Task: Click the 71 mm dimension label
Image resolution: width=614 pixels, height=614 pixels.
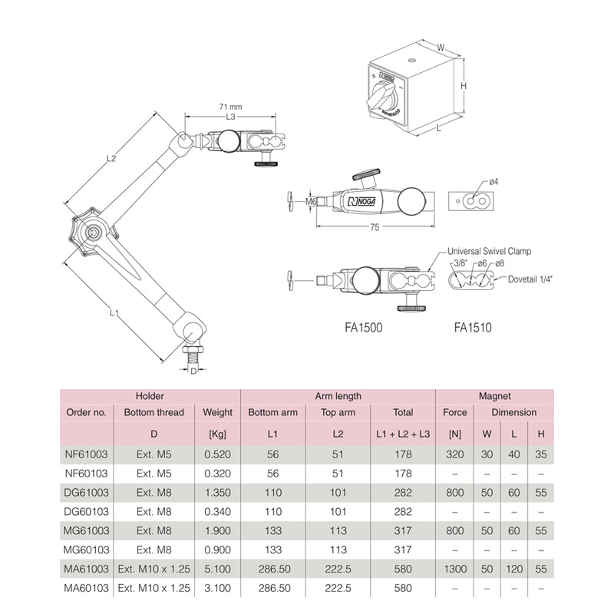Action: click(231, 107)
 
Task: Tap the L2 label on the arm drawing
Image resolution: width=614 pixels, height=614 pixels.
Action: click(111, 158)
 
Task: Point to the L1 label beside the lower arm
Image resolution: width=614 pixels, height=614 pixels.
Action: click(114, 312)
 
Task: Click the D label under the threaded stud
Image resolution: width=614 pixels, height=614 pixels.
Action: click(193, 371)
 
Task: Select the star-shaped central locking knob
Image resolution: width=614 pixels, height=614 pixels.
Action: click(93, 233)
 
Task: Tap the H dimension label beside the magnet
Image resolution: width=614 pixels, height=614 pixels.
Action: click(464, 85)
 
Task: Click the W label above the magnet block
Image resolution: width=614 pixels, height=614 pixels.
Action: click(441, 48)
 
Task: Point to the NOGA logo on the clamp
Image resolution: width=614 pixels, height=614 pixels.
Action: click(361, 201)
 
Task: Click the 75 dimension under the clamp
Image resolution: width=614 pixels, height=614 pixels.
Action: click(375, 227)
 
